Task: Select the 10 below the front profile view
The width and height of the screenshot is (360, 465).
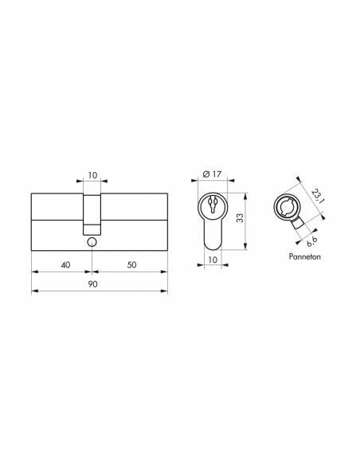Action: pos(212,259)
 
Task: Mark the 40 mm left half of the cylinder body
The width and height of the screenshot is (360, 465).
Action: pos(57,221)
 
